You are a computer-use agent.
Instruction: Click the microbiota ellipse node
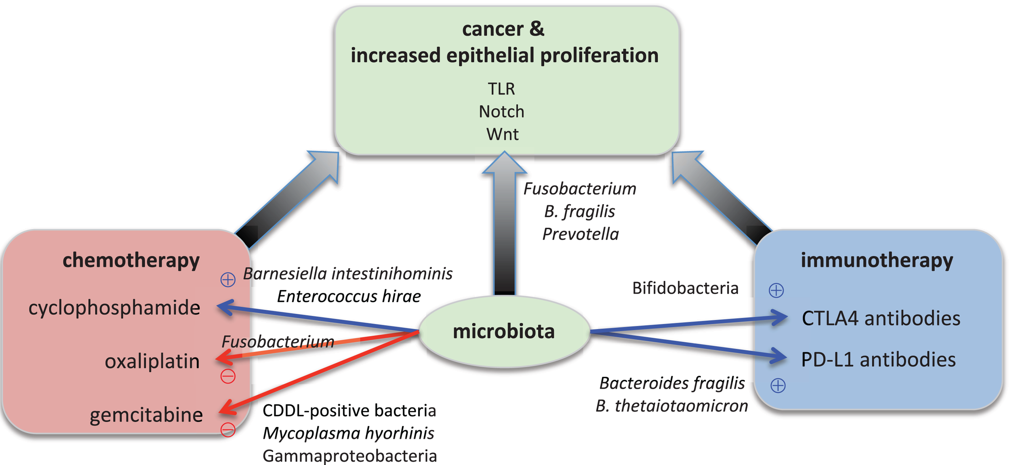[504, 331]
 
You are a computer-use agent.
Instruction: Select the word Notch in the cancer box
[501, 112]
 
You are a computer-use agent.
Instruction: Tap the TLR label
[501, 89]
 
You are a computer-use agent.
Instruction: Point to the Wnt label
[502, 134]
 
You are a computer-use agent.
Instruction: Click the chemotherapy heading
[131, 260]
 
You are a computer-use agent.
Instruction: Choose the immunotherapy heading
[877, 260]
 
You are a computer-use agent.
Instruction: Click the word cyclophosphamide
[114, 308]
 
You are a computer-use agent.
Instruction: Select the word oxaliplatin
[152, 361]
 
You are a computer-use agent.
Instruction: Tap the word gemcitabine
[146, 415]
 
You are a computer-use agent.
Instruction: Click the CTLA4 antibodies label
[881, 318]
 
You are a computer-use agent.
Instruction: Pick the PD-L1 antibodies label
[878, 360]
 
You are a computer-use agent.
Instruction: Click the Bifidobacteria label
[685, 288]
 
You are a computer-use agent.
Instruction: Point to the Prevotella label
[580, 234]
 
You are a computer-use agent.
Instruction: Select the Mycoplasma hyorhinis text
[348, 433]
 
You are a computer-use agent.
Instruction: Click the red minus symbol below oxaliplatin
[228, 376]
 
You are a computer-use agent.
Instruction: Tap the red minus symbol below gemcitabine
[228, 429]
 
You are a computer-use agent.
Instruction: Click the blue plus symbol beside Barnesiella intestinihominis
[228, 279]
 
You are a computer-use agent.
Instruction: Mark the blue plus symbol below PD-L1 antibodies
[778, 385]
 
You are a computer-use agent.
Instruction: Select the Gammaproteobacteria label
[349, 456]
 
